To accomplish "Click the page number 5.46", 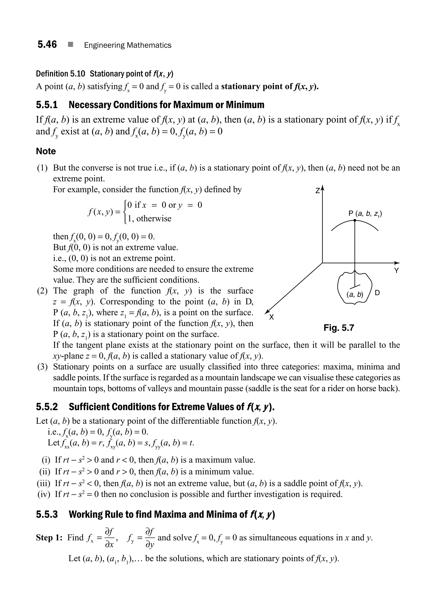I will [x=47, y=44].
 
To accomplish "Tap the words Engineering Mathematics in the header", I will [x=128, y=45].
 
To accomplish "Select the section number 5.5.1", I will [x=47, y=105].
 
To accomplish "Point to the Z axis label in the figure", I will [x=318, y=190].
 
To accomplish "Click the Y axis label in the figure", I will [x=396, y=271].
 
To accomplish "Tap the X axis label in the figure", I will [x=271, y=317].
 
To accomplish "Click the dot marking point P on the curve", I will [x=354, y=220].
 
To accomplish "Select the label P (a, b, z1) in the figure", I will [x=365, y=214].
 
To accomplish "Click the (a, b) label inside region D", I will [x=355, y=294].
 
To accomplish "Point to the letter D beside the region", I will [x=377, y=293].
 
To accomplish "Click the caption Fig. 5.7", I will [x=339, y=328].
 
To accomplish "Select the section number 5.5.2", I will [x=47, y=407].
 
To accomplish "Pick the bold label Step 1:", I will [x=49, y=538].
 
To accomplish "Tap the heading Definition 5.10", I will [x=60, y=74].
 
